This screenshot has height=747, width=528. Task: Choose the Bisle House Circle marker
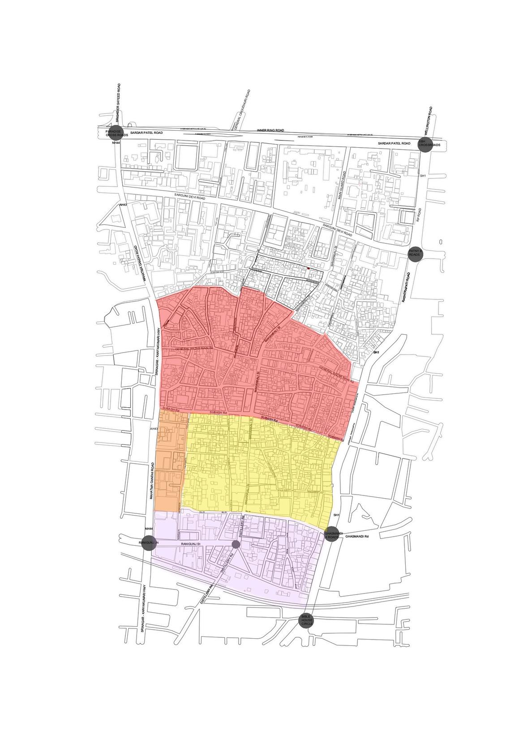(307, 620)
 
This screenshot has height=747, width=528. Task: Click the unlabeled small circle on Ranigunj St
(236, 544)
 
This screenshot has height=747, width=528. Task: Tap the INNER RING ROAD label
(270, 130)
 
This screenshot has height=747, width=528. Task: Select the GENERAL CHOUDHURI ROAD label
(242, 110)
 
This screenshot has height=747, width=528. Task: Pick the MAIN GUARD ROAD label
(342, 185)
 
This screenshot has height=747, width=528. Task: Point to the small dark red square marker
(309, 268)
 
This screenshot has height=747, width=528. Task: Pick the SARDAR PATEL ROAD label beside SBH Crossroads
(394, 143)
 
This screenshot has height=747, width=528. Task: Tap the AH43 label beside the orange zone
(154, 429)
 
